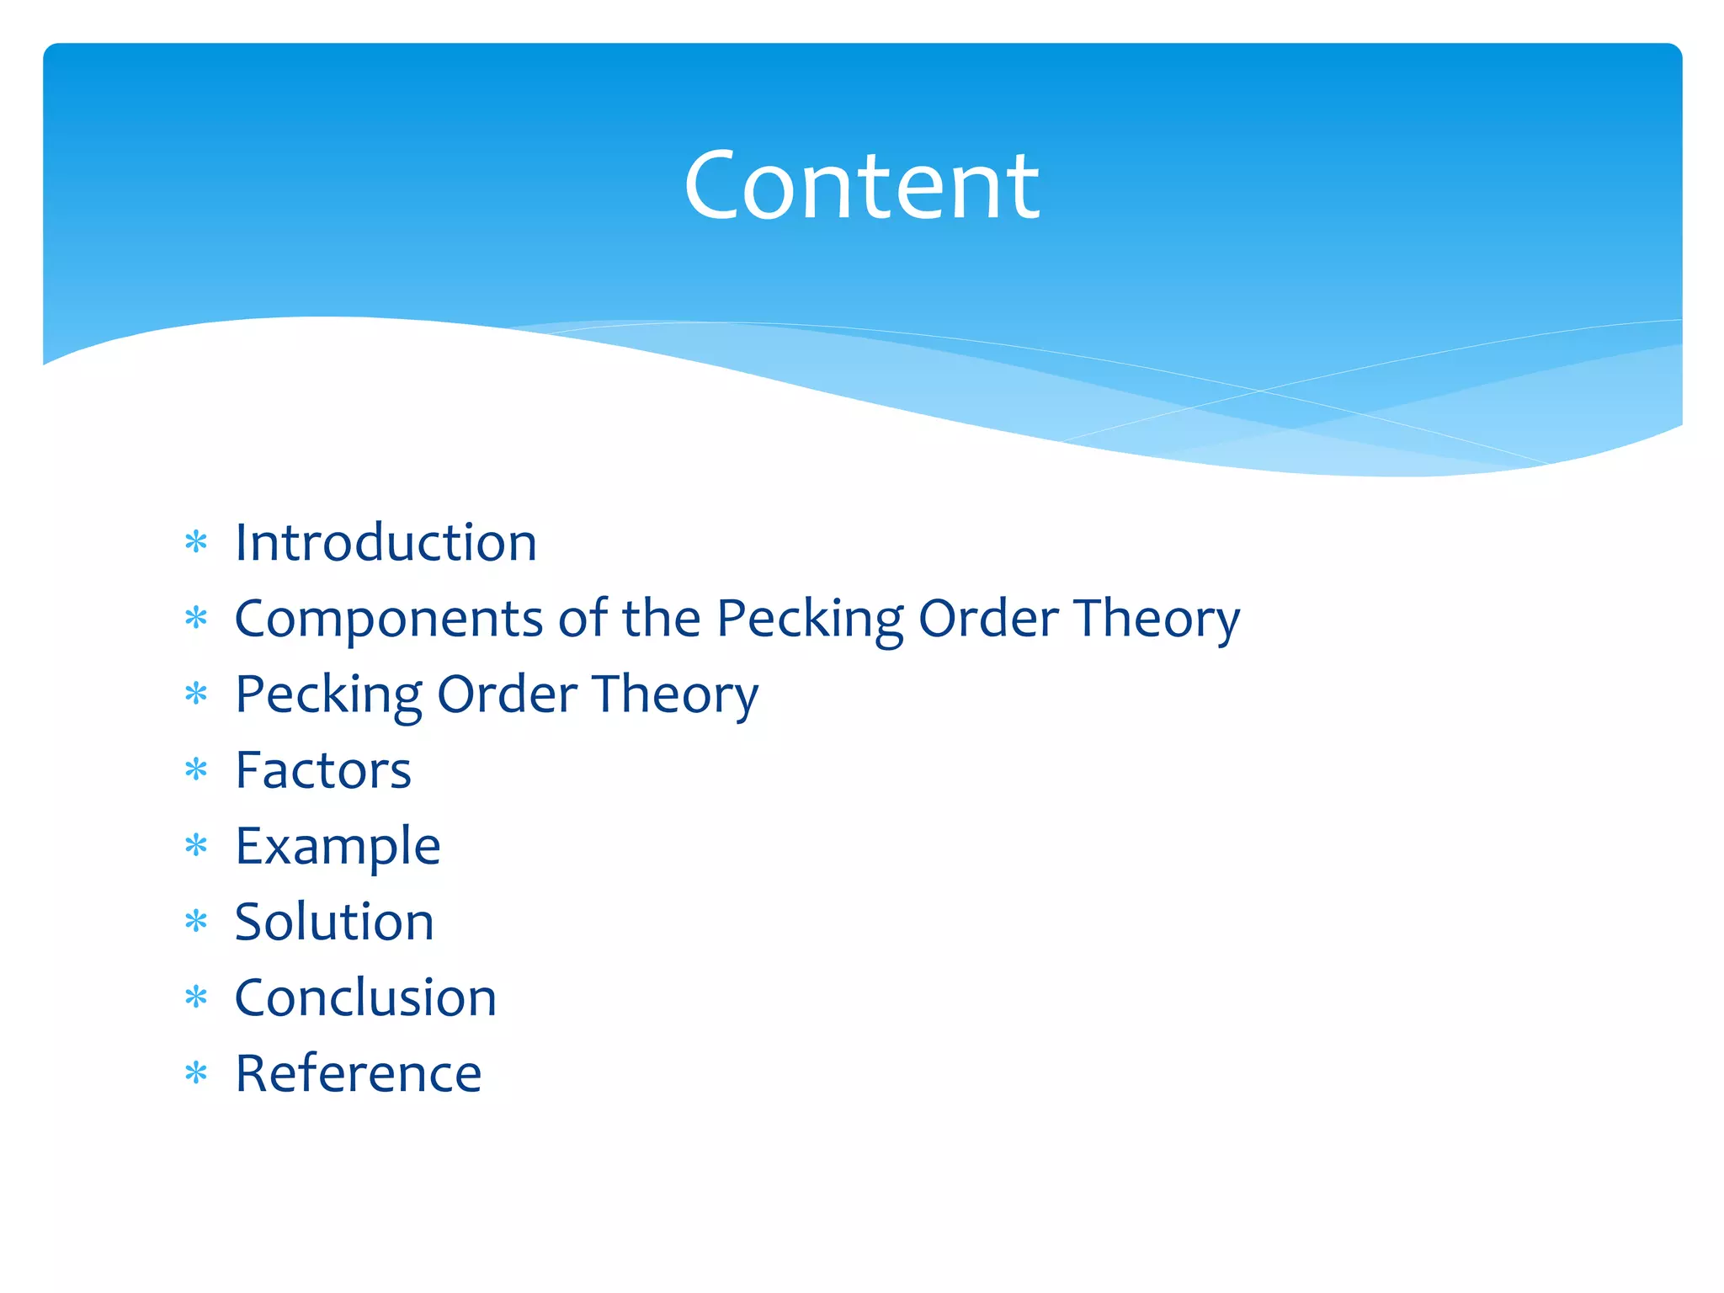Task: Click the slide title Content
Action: [861, 185]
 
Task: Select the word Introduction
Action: [386, 542]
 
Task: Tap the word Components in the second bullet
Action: [388, 620]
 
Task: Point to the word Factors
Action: [323, 770]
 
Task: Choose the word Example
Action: [338, 847]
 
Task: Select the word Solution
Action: [334, 922]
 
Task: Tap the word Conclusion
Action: [365, 998]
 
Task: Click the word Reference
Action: [358, 1073]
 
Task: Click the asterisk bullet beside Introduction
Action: [196, 543]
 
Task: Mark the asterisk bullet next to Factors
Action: [196, 770]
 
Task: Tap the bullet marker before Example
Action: [196, 846]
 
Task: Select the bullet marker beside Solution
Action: [196, 922]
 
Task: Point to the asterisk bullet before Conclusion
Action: [196, 998]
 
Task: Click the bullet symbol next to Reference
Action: [196, 1073]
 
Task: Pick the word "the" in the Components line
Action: [661, 618]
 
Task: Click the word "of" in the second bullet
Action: [583, 618]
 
